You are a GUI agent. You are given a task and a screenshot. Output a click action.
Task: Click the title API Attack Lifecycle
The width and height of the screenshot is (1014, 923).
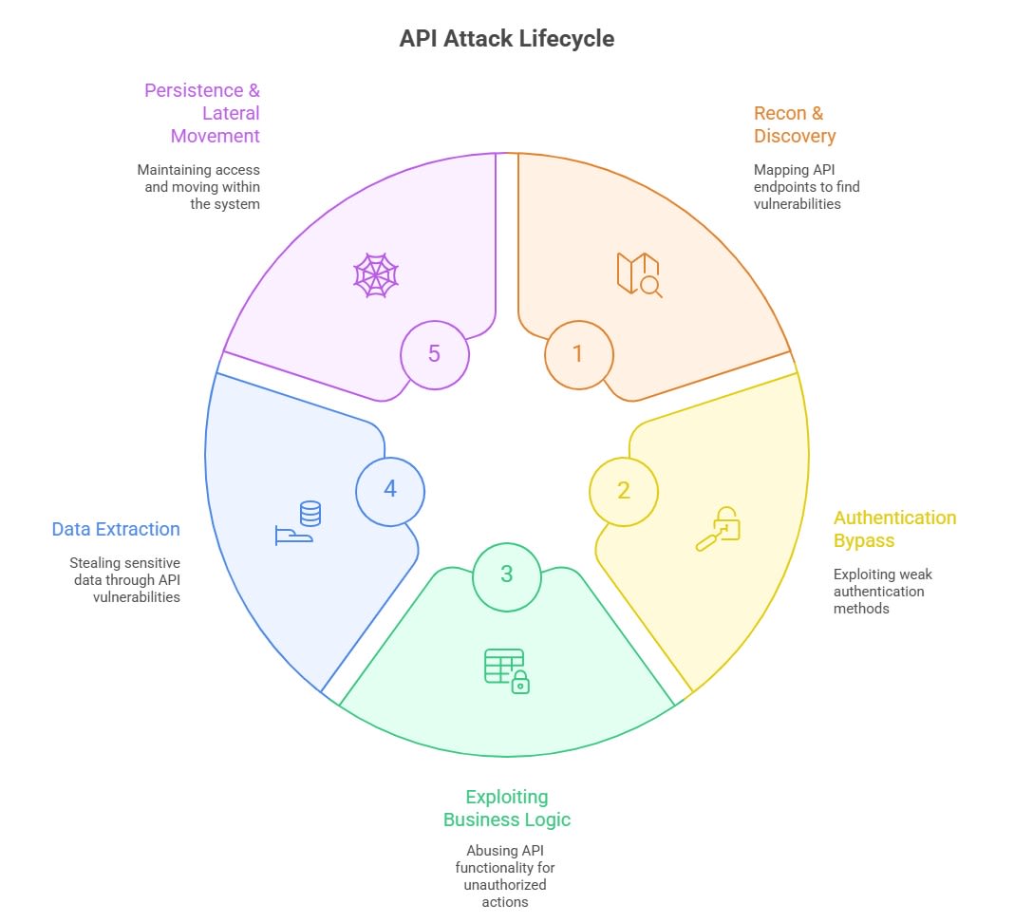(x=506, y=39)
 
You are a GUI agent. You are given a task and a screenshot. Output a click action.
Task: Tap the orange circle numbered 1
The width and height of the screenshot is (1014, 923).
(x=578, y=354)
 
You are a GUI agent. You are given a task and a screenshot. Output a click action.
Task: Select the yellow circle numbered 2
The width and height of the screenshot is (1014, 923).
(x=624, y=491)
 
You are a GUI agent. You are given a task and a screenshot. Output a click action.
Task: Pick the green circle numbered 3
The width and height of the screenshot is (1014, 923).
(x=506, y=575)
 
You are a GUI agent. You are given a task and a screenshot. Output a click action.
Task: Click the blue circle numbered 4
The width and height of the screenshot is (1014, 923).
(x=390, y=490)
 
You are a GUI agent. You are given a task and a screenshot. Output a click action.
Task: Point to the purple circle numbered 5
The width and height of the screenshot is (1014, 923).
(x=434, y=354)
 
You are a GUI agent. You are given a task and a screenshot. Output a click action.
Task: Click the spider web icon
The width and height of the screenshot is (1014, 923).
(x=375, y=275)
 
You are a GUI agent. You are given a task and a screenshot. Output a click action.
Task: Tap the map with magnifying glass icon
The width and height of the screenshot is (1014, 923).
(x=639, y=274)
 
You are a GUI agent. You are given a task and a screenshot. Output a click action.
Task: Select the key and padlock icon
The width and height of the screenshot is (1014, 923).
(x=718, y=529)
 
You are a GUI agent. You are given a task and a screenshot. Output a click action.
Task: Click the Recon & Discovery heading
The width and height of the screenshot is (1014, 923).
(x=795, y=124)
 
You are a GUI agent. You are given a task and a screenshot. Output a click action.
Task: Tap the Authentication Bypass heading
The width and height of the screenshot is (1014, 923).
(x=894, y=529)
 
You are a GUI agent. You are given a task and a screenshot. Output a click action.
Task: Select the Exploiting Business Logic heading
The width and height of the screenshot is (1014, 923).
(x=506, y=808)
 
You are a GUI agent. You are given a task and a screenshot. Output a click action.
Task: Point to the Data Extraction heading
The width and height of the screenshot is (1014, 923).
(x=116, y=529)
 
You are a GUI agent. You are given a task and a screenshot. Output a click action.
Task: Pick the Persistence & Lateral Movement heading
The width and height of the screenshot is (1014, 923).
(x=202, y=113)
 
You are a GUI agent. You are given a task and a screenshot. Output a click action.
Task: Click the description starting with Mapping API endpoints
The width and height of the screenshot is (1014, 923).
(x=807, y=187)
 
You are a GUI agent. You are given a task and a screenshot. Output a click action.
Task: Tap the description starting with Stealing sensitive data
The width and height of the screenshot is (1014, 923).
(x=124, y=580)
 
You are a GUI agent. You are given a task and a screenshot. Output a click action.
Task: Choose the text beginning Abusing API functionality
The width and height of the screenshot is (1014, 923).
(x=506, y=876)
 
